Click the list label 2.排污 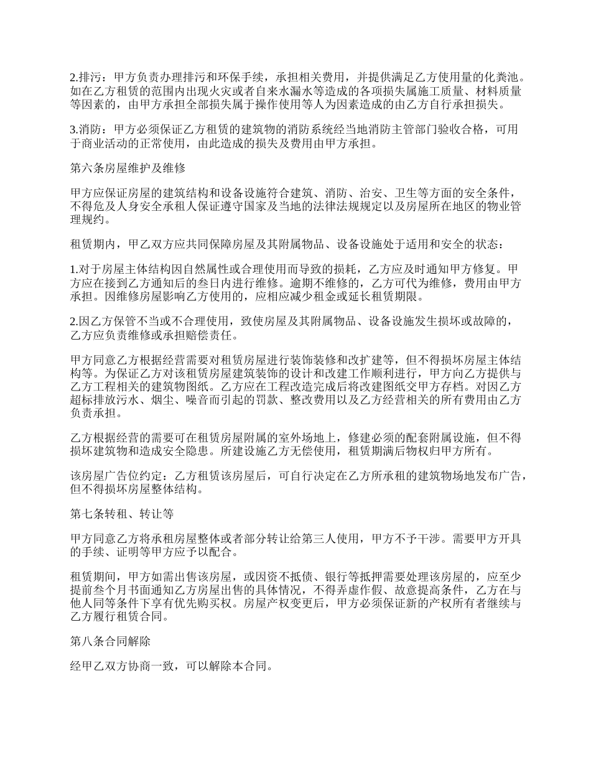point(85,78)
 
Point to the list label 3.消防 point(85,129)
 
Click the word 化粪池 point(501,78)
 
